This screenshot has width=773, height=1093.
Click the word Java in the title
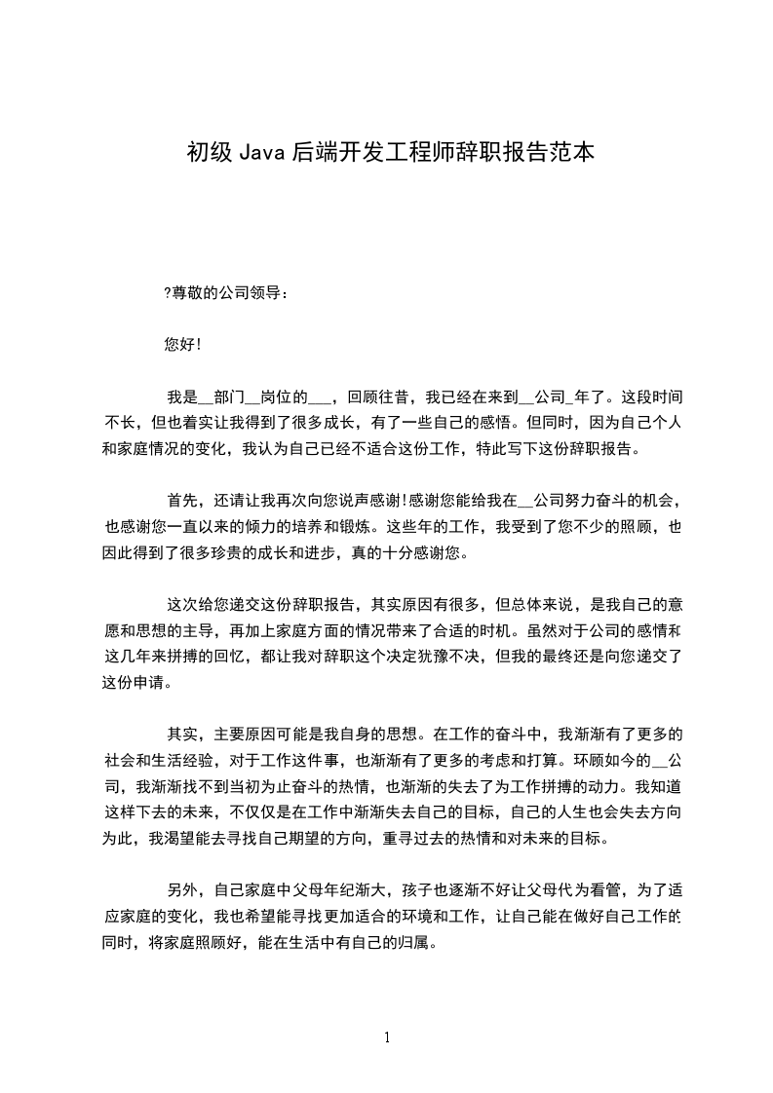260,153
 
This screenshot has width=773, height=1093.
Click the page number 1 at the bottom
387,1037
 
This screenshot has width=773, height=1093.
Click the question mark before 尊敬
168,292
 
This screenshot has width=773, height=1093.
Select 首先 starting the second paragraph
183,502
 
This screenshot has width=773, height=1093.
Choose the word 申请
151,682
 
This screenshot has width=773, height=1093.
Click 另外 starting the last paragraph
183,890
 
